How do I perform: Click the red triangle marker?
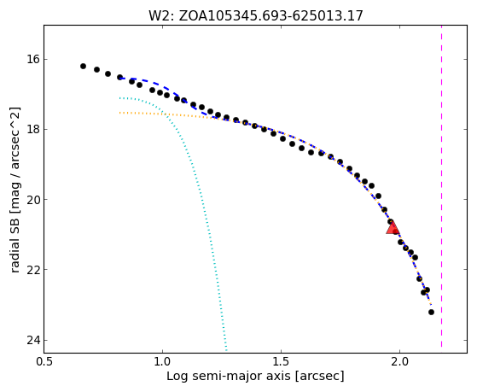(x=393, y=227)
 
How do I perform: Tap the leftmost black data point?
(x=83, y=66)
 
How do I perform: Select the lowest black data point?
(x=431, y=312)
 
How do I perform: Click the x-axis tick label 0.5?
(x=44, y=361)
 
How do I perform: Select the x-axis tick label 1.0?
(x=163, y=361)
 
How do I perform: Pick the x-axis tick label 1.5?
(x=282, y=361)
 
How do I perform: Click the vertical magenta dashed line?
(x=441, y=186)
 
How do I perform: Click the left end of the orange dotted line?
(x=119, y=113)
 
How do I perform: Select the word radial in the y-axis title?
(x=15, y=256)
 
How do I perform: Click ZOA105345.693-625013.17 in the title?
(x=271, y=16)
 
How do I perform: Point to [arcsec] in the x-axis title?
(x=319, y=377)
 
